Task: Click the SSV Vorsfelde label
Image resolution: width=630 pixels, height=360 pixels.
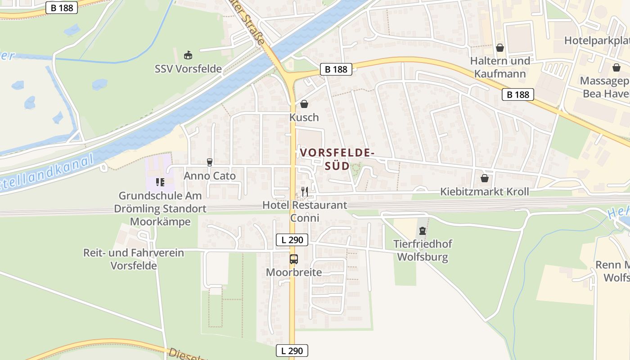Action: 188,69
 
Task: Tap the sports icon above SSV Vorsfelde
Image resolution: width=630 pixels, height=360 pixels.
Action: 188,55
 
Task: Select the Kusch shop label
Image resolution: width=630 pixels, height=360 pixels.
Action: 304,117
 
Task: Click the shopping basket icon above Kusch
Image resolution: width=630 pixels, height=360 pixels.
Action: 304,104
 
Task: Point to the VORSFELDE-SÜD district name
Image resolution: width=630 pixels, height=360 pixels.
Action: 337,159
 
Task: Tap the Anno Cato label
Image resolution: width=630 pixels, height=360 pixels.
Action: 210,176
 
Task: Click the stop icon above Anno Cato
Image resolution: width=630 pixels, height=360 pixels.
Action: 209,162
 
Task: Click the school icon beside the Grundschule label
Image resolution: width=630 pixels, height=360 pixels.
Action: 160,182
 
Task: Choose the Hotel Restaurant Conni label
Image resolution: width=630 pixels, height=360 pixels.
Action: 305,211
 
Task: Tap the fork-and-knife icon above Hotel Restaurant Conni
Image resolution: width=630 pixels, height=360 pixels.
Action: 305,192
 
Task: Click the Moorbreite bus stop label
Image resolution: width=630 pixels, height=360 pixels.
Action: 294,272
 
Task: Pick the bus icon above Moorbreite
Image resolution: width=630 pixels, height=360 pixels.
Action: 293,259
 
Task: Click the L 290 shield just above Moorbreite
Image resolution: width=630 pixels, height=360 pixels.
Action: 292,240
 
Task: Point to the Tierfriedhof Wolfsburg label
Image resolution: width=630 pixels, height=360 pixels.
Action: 423,251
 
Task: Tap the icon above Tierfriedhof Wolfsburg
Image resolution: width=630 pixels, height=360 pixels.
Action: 422,231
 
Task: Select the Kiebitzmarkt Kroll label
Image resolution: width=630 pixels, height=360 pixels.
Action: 484,192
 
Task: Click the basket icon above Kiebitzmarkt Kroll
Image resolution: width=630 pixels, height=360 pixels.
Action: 484,178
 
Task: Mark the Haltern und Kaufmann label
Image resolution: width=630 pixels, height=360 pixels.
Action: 500,67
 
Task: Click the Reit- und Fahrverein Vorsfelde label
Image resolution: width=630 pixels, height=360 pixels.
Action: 134,259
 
